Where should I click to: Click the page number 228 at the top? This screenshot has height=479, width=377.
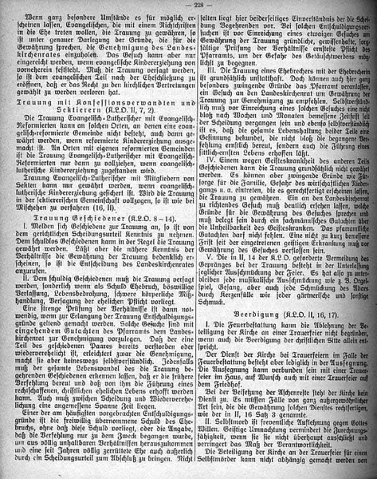pos(187,7)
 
